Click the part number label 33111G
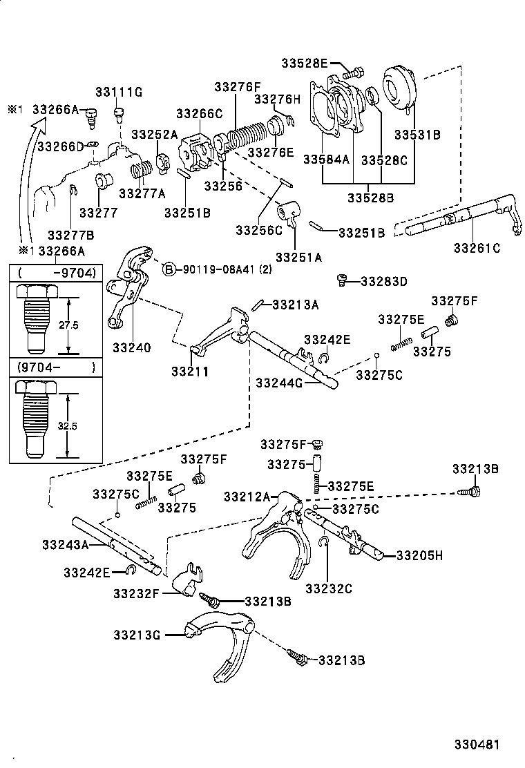[x=119, y=92]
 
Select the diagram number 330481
[x=476, y=745]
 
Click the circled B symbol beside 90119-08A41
[x=169, y=269]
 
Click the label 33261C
[x=477, y=247]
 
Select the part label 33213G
[x=137, y=634]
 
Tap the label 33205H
[x=419, y=555]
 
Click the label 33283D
[x=384, y=281]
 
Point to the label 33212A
[x=247, y=496]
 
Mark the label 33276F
[x=237, y=87]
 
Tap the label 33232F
[x=137, y=593]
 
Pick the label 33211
[x=190, y=371]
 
